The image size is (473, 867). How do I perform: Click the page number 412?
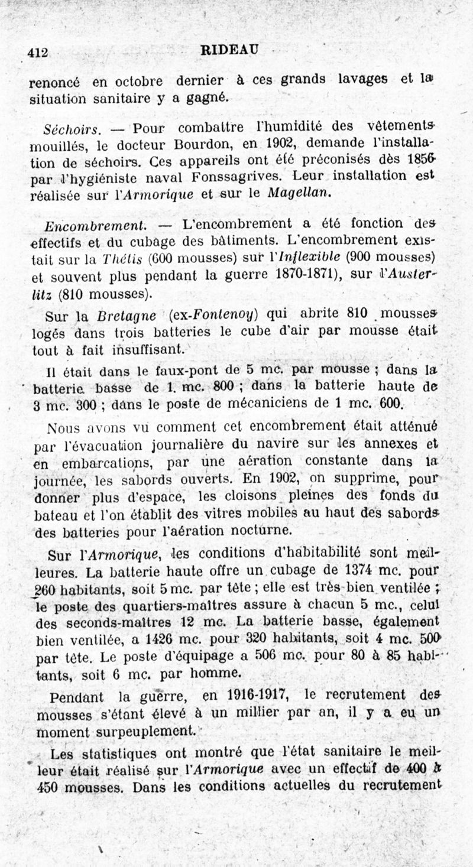point(38,53)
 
